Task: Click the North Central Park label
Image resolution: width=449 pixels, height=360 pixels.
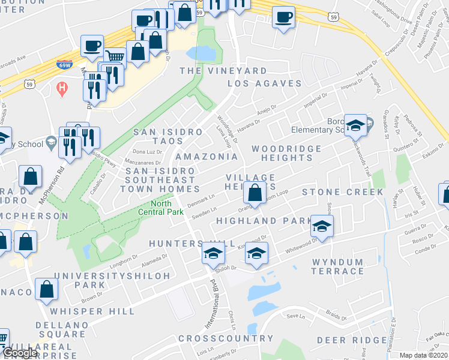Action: click(166, 206)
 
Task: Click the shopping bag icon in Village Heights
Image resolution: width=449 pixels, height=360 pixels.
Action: click(255, 193)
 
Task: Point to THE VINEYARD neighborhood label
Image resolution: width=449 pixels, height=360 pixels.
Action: click(223, 71)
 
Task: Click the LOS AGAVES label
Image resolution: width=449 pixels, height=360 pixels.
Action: click(264, 83)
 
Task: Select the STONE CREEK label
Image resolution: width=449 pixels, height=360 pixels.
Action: click(342, 192)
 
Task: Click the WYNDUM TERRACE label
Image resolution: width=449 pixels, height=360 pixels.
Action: click(337, 266)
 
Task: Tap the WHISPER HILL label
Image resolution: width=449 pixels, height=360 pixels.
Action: click(85, 311)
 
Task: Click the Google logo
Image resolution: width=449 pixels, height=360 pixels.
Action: click(20, 353)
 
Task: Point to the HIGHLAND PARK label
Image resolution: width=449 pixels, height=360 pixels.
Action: click(255, 221)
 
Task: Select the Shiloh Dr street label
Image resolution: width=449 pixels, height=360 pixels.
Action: click(222, 269)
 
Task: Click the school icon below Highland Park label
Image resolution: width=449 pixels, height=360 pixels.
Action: click(322, 227)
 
